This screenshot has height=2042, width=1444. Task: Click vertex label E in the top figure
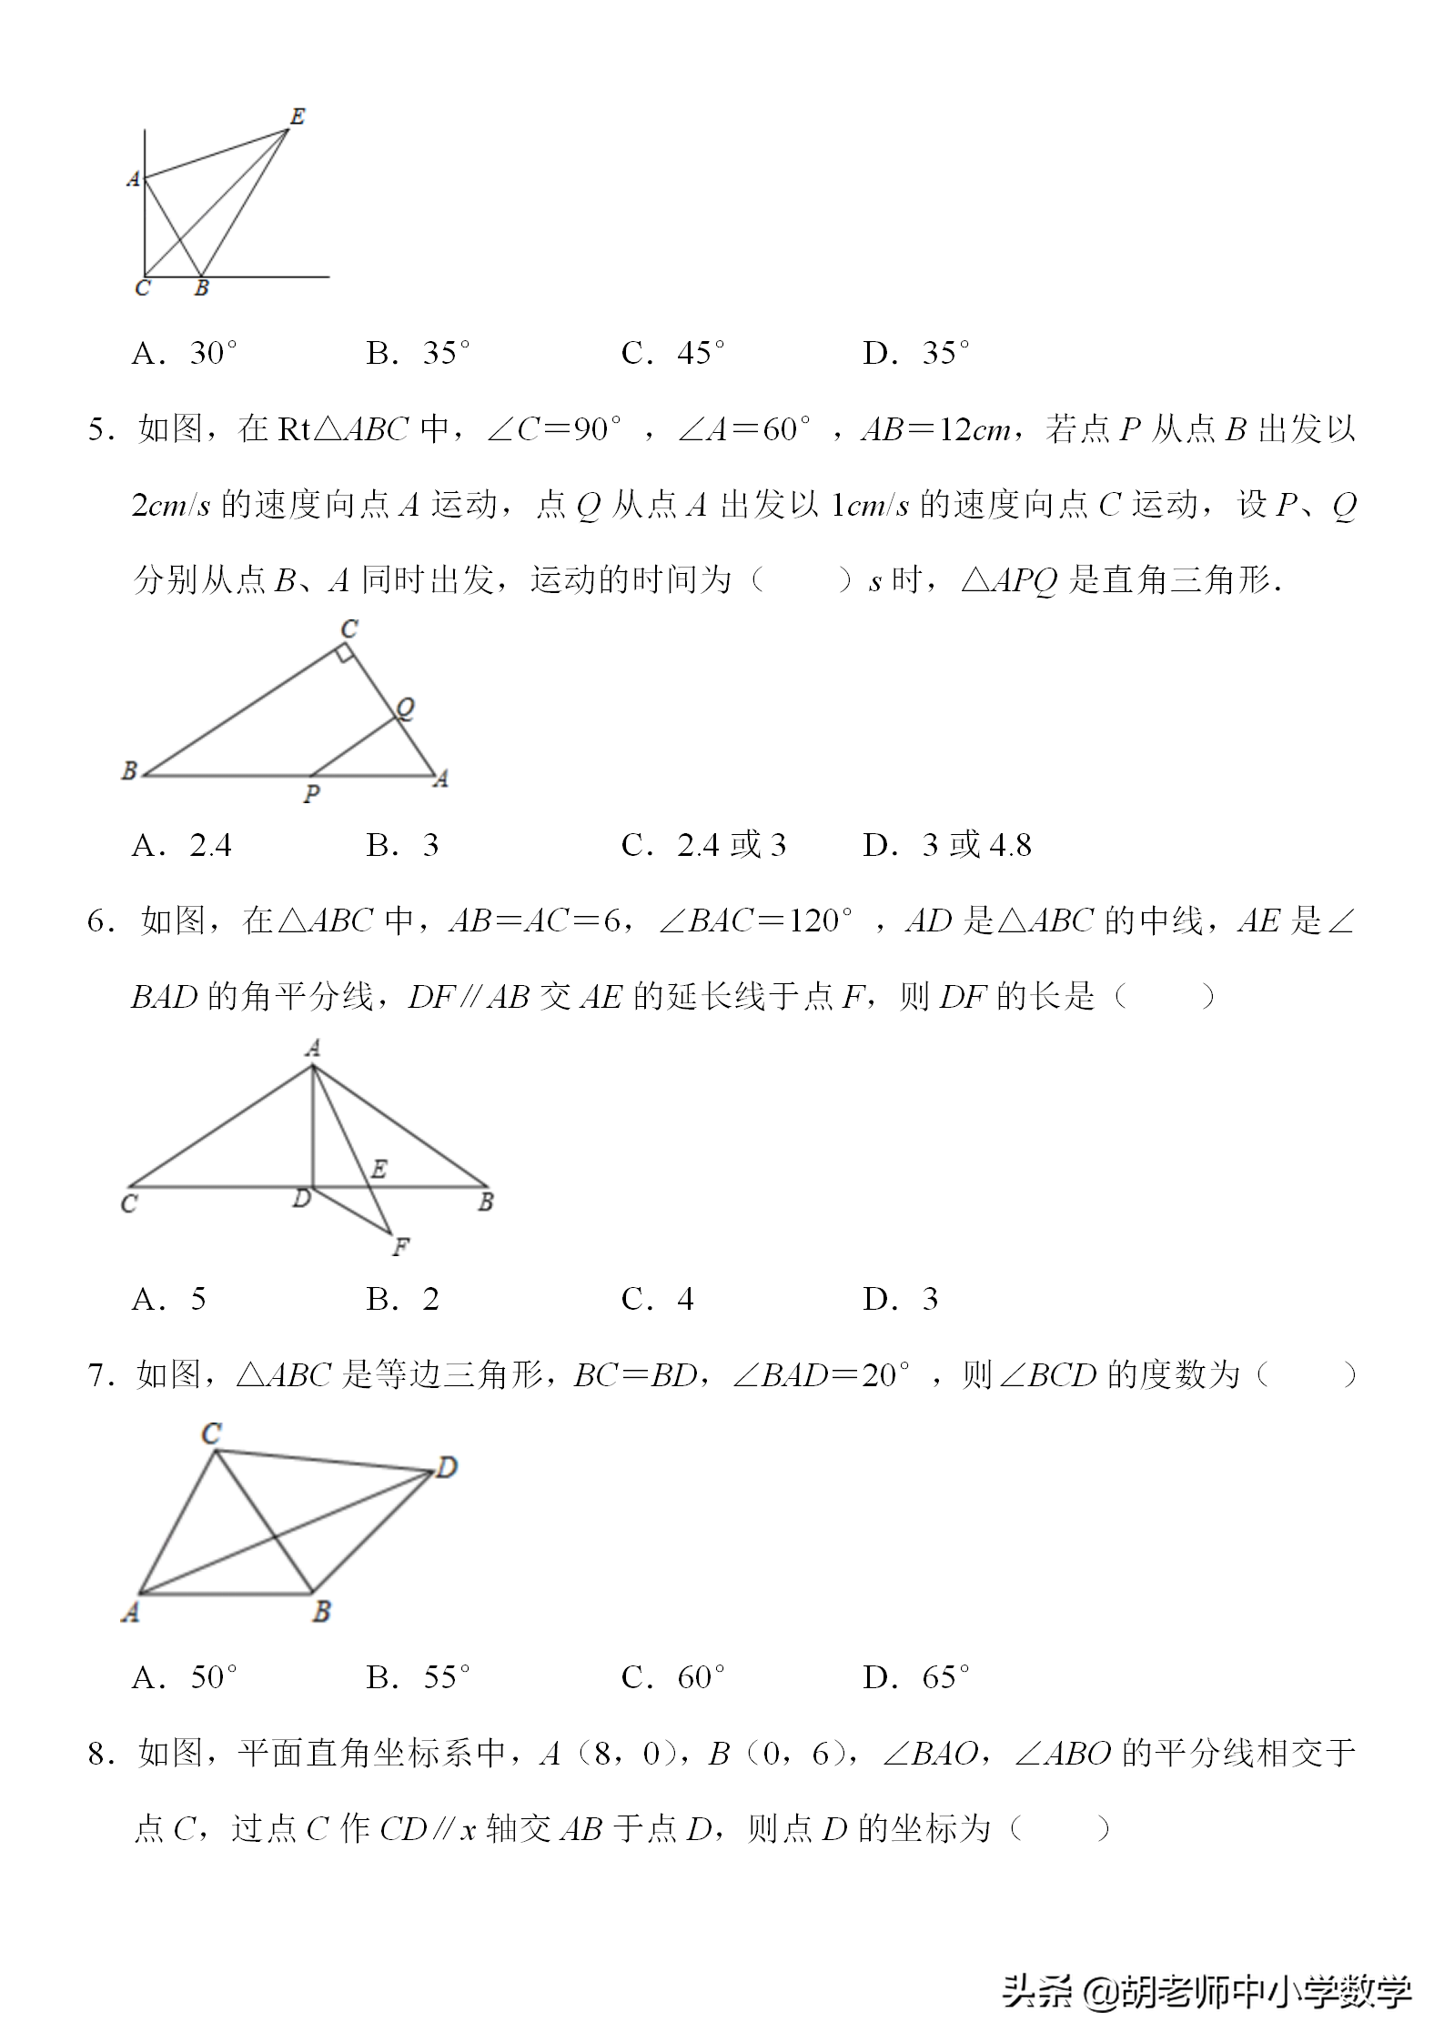tap(298, 116)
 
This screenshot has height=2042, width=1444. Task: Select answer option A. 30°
tap(185, 353)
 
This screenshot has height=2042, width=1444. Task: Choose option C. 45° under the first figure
tap(672, 353)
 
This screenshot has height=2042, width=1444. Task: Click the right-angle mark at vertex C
tap(343, 651)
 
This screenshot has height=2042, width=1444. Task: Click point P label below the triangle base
tap(311, 794)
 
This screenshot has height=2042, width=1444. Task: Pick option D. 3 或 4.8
tap(946, 846)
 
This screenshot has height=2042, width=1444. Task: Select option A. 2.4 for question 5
tap(181, 846)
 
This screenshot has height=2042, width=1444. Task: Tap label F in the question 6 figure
tap(400, 1247)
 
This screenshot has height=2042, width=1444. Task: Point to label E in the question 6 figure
tap(379, 1169)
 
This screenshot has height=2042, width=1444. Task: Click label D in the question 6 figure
tap(301, 1200)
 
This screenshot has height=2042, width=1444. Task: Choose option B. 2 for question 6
tap(402, 1299)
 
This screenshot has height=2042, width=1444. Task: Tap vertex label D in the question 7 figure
tap(446, 1467)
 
